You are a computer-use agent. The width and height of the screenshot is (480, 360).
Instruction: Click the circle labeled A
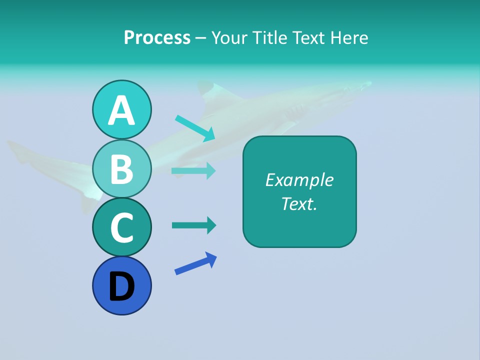tap(121, 109)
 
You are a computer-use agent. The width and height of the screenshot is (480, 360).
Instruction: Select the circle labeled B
tap(121, 168)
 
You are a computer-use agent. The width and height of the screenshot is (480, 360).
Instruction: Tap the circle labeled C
tap(121, 227)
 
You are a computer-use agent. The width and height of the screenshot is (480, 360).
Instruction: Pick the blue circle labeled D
tap(121, 286)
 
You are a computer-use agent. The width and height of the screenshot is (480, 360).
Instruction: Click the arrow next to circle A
tap(195, 128)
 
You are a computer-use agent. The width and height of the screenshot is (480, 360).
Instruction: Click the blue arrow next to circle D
tap(195, 263)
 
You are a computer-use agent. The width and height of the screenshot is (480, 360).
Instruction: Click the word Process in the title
tap(157, 37)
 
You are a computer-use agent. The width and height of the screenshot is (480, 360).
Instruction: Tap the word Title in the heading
tap(269, 37)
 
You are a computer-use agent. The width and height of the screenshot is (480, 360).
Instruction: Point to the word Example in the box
tap(299, 180)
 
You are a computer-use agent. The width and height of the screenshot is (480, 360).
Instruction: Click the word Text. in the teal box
tap(299, 204)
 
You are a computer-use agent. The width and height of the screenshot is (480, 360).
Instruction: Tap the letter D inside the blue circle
tap(121, 287)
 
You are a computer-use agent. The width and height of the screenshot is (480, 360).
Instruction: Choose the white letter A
tap(121, 110)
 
